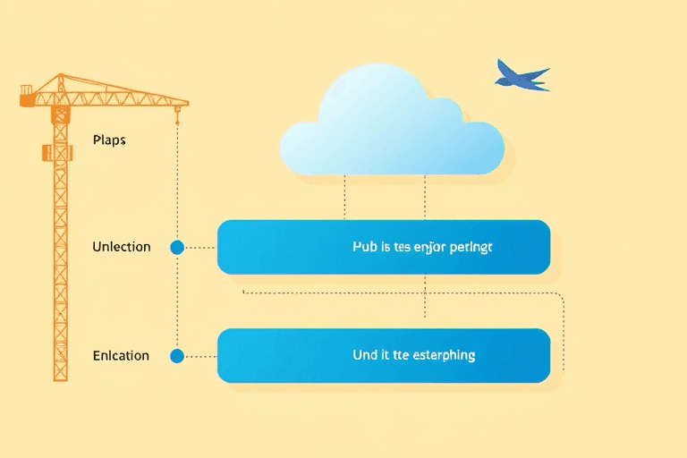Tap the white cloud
click(392, 125)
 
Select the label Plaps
click(109, 140)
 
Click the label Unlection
click(122, 247)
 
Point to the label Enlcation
click(121, 355)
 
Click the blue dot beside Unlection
click(177, 247)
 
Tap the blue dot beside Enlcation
click(177, 356)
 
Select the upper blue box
click(383, 247)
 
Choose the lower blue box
click(383, 355)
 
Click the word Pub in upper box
click(365, 247)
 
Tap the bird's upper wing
click(508, 69)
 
